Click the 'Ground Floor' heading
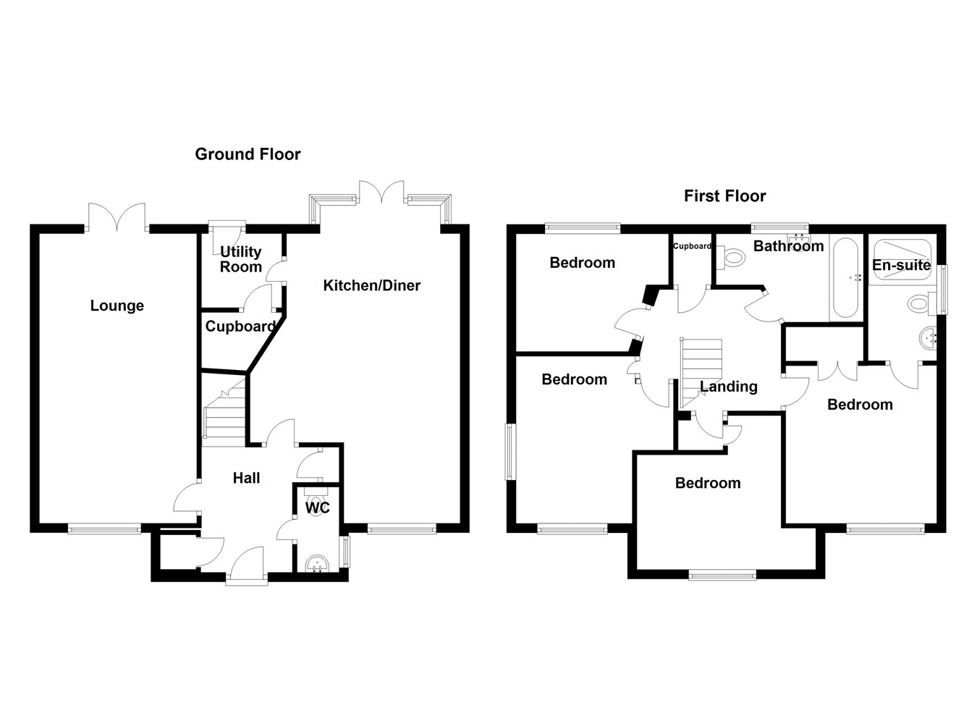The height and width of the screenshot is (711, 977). [x=248, y=154]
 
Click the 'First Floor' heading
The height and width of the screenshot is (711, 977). [x=724, y=196]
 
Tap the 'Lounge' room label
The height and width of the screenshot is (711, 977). [x=117, y=306]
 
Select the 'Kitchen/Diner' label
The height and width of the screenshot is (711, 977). [x=371, y=285]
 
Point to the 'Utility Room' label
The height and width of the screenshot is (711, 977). [x=241, y=259]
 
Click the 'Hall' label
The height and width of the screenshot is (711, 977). [x=246, y=478]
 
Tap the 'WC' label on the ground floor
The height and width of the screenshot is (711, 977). [x=317, y=508]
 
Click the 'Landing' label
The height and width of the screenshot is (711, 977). [x=728, y=387]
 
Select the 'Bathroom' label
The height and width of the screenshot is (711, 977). [x=788, y=246]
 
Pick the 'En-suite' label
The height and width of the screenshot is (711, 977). [x=901, y=265]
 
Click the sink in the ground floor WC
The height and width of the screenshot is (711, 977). [x=317, y=563]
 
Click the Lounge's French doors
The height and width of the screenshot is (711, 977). [x=117, y=216]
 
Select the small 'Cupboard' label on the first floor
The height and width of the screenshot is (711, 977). [x=693, y=246]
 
